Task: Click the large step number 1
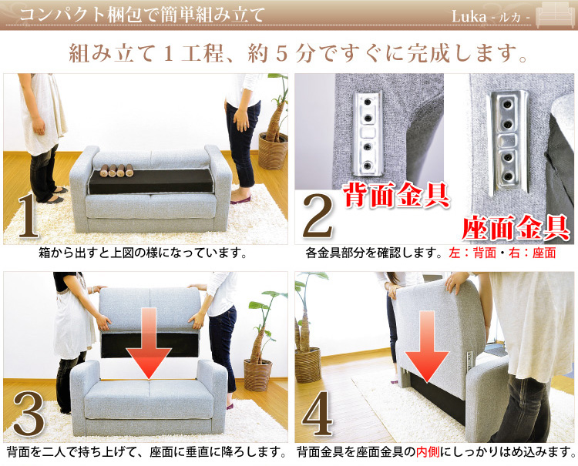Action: (29, 215)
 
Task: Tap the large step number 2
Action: (318, 216)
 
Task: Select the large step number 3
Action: (29, 414)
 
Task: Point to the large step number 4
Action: (317, 414)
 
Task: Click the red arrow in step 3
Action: (149, 344)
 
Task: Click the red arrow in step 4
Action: (427, 347)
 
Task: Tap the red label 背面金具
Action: (397, 194)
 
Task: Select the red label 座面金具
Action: (516, 227)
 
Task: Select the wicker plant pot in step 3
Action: (258, 375)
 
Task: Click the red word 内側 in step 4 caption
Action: (428, 451)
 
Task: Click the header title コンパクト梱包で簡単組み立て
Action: (143, 15)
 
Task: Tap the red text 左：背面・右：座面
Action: (502, 253)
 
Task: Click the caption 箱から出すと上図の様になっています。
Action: (143, 253)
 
